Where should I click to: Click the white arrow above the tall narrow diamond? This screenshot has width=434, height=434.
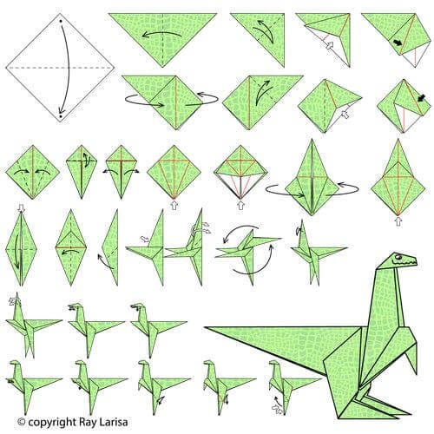(x=20, y=208)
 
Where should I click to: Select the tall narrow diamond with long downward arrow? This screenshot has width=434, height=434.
(x=22, y=247)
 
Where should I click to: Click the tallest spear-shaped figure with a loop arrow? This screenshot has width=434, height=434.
(x=311, y=178)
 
